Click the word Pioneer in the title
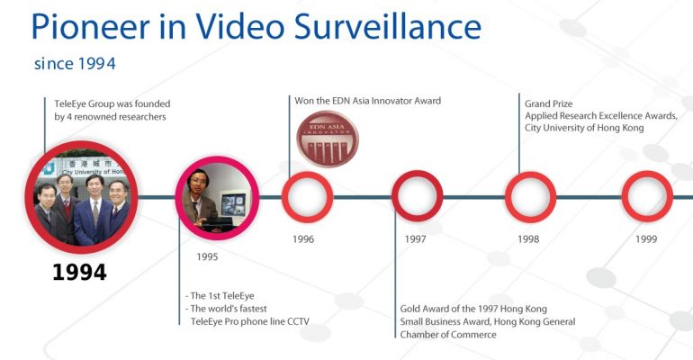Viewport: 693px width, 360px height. (x=91, y=27)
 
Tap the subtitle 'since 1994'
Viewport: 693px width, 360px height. (x=75, y=64)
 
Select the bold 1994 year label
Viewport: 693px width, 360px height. (x=79, y=272)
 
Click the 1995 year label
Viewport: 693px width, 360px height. (x=207, y=256)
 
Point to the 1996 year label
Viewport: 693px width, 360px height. (x=303, y=239)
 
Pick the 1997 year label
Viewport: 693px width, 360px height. (x=416, y=239)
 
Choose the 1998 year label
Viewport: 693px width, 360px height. (x=528, y=239)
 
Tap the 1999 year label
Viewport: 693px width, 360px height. (x=646, y=239)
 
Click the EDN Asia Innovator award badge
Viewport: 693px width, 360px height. (x=328, y=139)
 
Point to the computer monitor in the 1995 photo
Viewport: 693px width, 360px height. (x=233, y=204)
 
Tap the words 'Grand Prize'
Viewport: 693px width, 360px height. (x=548, y=103)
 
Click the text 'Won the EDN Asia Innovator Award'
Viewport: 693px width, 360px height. (x=368, y=101)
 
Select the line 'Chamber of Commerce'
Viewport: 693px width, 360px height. (x=448, y=335)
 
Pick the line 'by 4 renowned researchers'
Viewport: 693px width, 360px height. (x=110, y=117)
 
